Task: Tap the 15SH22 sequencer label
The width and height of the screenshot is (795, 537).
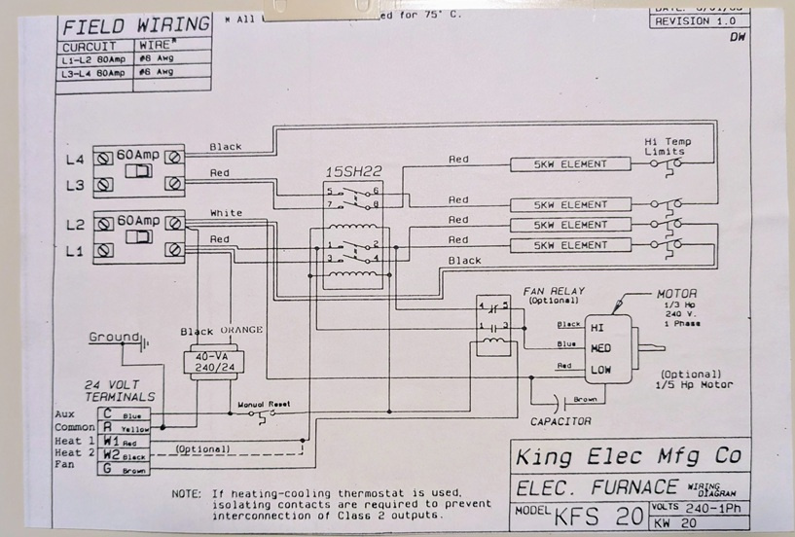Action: click(x=351, y=172)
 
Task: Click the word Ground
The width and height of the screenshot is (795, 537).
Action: click(x=115, y=338)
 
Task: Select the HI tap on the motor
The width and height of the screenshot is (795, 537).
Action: click(x=597, y=328)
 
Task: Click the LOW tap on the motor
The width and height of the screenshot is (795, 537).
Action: click(x=599, y=371)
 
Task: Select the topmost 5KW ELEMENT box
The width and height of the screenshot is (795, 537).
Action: click(x=570, y=163)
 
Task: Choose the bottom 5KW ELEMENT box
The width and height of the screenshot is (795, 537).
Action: click(x=570, y=241)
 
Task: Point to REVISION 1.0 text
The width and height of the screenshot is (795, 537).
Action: click(x=692, y=20)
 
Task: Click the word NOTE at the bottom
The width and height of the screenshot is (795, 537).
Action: click(x=185, y=492)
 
